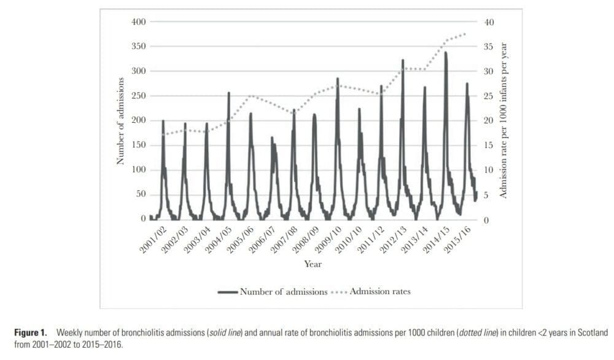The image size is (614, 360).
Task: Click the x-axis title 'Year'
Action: [313, 264]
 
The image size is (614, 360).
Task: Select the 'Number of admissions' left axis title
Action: [120, 121]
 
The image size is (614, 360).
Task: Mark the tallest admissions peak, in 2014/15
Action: [445, 53]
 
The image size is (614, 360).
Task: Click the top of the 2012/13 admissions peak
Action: [403, 60]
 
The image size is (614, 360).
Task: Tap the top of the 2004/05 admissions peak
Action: [228, 93]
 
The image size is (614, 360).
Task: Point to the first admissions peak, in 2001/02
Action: [163, 120]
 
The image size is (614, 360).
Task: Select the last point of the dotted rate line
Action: [465, 34]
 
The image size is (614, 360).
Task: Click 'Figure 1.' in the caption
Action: [31, 332]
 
